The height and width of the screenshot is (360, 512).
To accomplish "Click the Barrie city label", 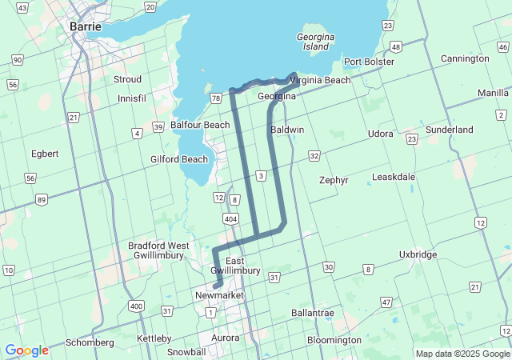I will pyautogui.click(x=86, y=26).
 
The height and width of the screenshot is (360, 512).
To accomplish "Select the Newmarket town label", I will pyautogui.click(x=218, y=295).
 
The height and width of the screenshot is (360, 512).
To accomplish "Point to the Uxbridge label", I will pyautogui.click(x=418, y=254).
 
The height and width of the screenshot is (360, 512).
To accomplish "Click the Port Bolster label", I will pyautogui.click(x=369, y=62).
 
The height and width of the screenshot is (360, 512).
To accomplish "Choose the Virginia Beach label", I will pyautogui.click(x=320, y=80).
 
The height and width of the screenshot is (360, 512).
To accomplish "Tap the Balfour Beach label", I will pyautogui.click(x=200, y=125).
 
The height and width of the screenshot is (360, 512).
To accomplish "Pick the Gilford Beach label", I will pyautogui.click(x=179, y=159).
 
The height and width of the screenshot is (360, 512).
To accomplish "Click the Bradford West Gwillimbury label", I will pyautogui.click(x=158, y=251).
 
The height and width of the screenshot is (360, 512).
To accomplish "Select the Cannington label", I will pyautogui.click(x=464, y=58).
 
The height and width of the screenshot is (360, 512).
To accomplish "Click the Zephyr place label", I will pyautogui.click(x=334, y=180).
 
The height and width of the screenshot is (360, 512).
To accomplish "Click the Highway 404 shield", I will pyautogui.click(x=231, y=218).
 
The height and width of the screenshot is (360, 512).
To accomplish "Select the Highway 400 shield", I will pyautogui.click(x=135, y=306).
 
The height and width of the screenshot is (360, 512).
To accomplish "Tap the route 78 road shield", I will pyautogui.click(x=215, y=98).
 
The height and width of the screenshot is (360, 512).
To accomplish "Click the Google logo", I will pyautogui.click(x=26, y=350).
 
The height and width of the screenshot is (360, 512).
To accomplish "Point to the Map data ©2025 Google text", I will pyautogui.click(x=462, y=354).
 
